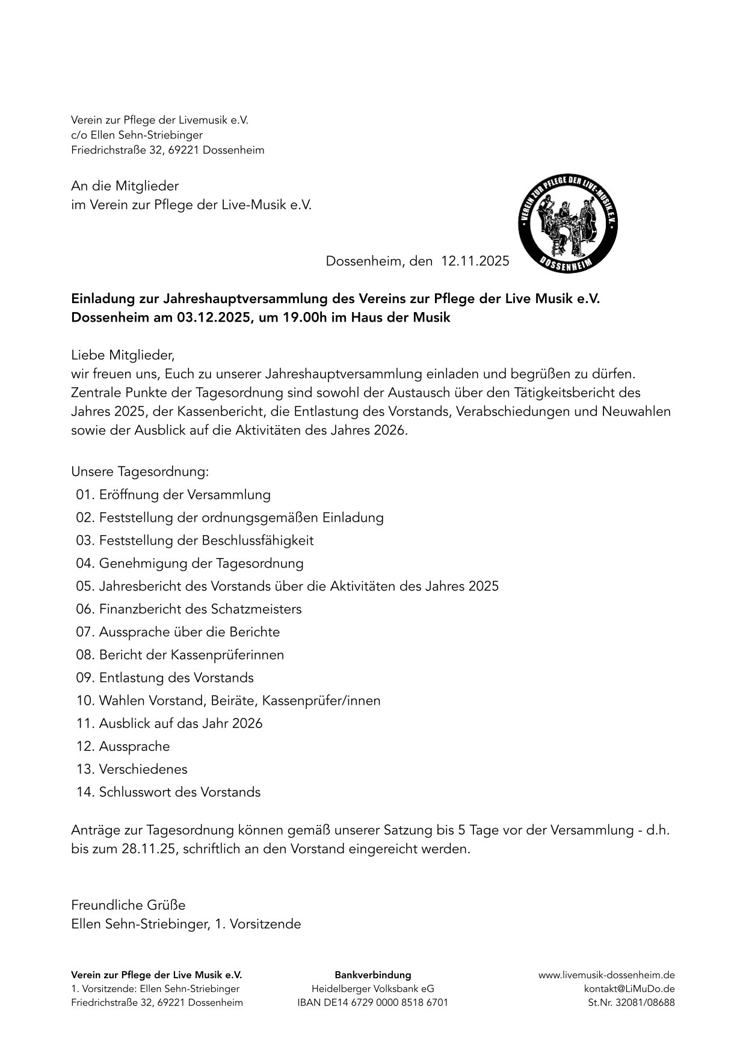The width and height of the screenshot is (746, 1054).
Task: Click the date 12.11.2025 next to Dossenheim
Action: [475, 261]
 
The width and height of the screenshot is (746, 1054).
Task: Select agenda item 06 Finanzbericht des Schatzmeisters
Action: [189, 609]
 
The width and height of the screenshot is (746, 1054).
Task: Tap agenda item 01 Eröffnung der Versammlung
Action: [173, 495]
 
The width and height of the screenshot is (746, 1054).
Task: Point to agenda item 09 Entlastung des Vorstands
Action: [165, 678]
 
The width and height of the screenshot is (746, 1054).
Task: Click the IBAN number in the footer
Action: [372, 1002]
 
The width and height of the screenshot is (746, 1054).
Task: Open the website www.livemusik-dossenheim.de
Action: [606, 975]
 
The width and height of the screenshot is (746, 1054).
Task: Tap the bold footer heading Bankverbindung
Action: [372, 975]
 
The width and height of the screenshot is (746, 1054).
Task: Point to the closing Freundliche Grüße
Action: [128, 904]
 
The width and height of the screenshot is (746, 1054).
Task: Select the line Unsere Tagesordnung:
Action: [140, 471]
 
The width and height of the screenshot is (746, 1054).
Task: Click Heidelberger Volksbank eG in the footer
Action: [372, 988]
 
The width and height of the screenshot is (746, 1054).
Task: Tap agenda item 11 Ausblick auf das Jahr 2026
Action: [170, 723]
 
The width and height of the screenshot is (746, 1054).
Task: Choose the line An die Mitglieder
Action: [125, 186]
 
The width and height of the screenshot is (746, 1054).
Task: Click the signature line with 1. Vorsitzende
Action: [186, 924]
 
